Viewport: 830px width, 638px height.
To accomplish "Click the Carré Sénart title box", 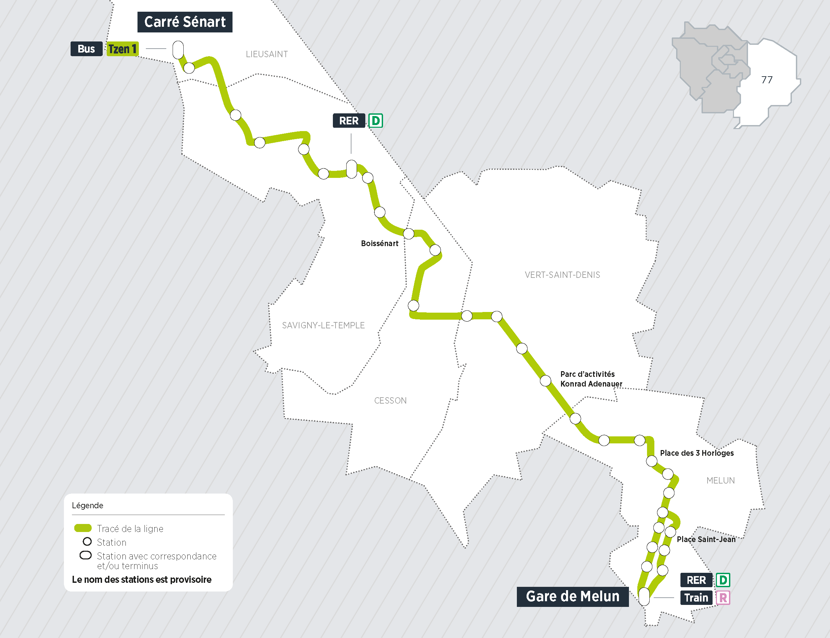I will (x=185, y=22).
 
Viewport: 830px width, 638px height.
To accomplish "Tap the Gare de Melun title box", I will (x=572, y=596).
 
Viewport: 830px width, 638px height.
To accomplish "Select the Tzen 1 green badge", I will (x=122, y=49).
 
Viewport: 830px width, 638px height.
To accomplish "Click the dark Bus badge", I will (x=86, y=49).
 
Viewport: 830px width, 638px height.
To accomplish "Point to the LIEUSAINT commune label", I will (x=267, y=54).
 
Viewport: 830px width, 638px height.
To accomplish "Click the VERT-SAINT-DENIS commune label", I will (x=562, y=275).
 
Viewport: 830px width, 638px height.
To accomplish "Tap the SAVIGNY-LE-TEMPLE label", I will (x=323, y=325).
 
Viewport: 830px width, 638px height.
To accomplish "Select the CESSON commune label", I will (x=390, y=401).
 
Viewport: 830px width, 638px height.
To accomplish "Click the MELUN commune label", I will (x=720, y=481).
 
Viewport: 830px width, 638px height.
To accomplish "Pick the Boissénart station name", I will (x=379, y=243).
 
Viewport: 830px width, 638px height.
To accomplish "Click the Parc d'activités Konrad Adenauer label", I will (x=591, y=379).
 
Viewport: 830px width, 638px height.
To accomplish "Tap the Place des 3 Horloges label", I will (x=697, y=453).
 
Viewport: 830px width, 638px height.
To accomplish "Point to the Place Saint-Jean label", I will (x=706, y=539).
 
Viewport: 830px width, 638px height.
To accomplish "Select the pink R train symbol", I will (x=723, y=598).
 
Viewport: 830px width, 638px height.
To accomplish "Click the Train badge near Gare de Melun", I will (x=696, y=598).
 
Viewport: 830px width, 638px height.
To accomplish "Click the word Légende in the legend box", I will (x=87, y=506).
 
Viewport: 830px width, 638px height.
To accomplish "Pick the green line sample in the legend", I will (x=83, y=528).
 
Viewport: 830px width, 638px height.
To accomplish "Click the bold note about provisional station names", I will (x=142, y=579).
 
